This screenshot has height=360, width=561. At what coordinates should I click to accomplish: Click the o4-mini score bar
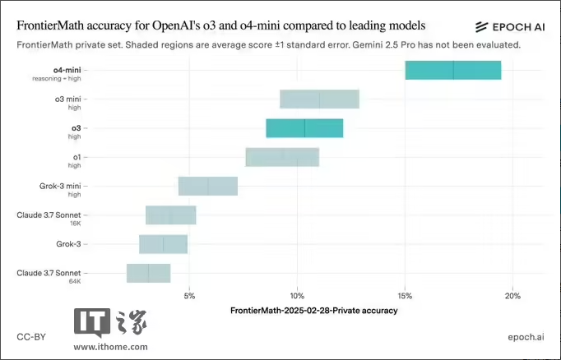click(x=453, y=70)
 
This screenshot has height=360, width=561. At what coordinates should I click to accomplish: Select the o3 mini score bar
click(x=319, y=99)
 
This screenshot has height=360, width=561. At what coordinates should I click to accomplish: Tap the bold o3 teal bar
click(x=304, y=128)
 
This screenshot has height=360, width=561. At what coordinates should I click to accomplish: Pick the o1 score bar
click(x=282, y=157)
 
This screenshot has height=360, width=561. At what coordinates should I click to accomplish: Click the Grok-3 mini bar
click(x=208, y=187)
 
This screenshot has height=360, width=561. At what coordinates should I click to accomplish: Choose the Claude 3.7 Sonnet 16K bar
click(x=171, y=215)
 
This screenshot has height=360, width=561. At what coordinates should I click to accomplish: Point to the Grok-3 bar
click(x=164, y=244)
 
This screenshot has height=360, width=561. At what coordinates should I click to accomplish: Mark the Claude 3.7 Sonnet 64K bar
click(x=149, y=273)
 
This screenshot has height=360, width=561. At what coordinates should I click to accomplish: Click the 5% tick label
click(x=189, y=296)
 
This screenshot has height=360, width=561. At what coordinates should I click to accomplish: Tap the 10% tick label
click(x=297, y=296)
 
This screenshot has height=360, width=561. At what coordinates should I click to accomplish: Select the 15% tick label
click(x=405, y=296)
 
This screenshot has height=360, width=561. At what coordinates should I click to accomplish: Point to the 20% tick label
click(x=512, y=296)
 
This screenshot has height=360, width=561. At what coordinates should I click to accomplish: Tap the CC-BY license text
click(x=30, y=337)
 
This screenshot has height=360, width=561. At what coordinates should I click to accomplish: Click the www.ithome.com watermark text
click(x=112, y=347)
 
